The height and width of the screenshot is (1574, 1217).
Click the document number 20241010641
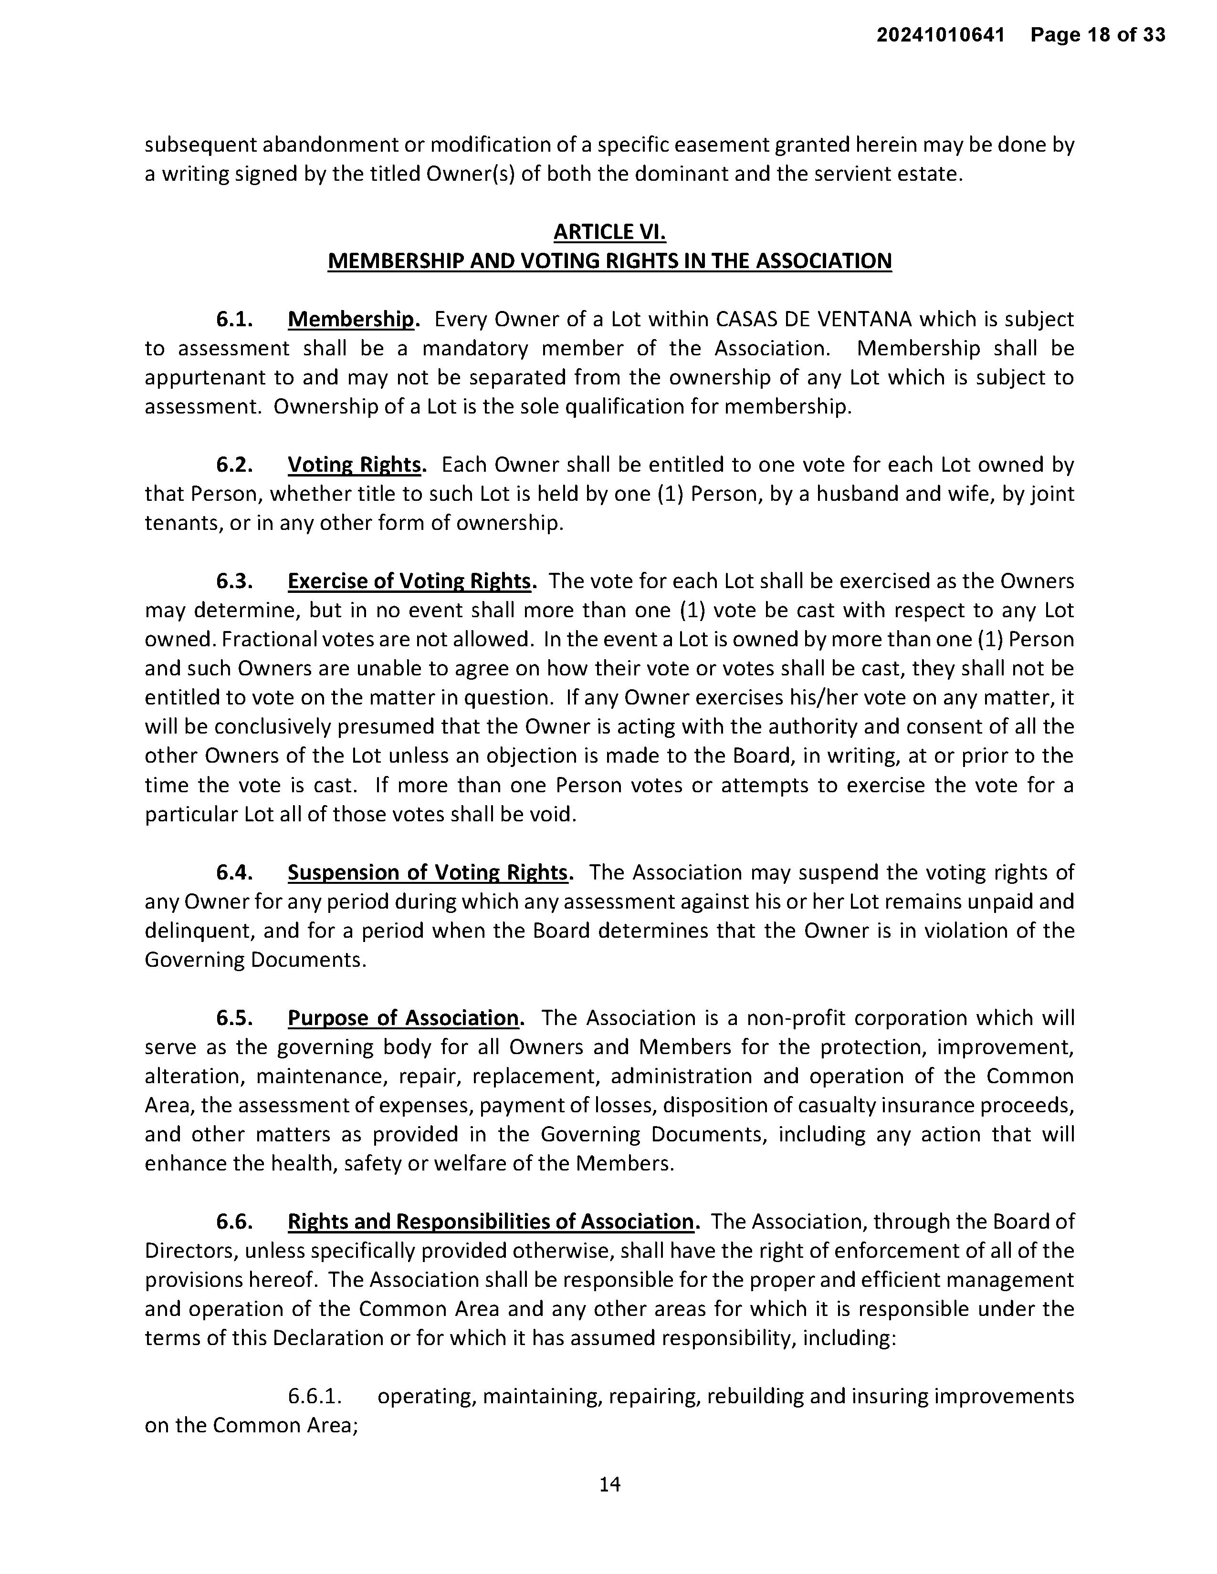[940, 35]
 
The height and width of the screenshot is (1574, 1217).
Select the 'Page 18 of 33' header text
[1097, 35]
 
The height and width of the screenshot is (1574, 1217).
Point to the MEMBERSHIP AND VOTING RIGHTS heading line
[609, 261]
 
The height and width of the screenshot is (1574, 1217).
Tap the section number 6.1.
[234, 319]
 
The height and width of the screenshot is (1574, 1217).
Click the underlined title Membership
[351, 319]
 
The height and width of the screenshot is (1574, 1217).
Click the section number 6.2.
[234, 465]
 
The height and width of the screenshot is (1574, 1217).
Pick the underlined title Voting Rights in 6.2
[354, 465]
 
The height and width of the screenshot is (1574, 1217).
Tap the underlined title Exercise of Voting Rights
[409, 581]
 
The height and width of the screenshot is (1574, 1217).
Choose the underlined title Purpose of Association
[403, 1018]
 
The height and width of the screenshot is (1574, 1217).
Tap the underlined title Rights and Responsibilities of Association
[490, 1222]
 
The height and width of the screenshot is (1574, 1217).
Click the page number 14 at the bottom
[609, 1484]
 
